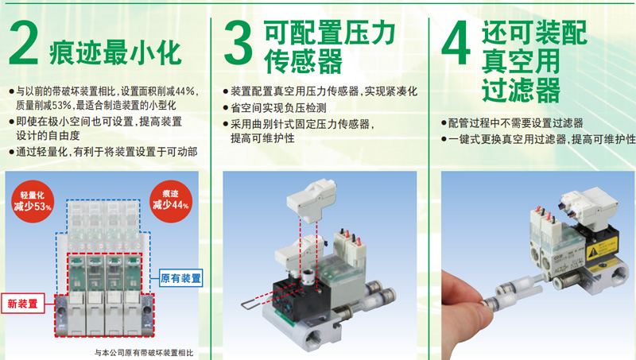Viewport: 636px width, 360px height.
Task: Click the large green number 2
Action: (x=24, y=43)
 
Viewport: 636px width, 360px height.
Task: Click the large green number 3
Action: (x=238, y=43)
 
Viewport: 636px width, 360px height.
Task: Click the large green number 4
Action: (x=456, y=43)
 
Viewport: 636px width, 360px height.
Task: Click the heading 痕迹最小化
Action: (x=115, y=52)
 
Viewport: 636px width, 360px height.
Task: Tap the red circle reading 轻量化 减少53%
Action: (x=33, y=202)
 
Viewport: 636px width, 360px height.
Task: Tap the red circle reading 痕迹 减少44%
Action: (x=171, y=202)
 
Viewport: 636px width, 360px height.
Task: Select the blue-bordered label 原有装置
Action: (x=180, y=278)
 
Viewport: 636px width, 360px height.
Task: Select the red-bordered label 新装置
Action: (x=23, y=304)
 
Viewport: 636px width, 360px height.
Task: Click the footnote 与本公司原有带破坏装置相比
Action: (x=144, y=353)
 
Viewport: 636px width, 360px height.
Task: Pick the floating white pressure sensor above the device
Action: (x=312, y=202)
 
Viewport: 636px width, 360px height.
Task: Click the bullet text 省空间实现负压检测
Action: (x=279, y=108)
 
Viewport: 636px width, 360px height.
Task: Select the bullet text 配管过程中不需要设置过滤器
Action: (x=515, y=123)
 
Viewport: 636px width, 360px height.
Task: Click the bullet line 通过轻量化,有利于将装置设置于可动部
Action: (x=107, y=152)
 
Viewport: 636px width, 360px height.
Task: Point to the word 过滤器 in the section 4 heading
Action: (x=521, y=90)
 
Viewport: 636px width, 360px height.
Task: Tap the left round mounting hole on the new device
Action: (x=61, y=311)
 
